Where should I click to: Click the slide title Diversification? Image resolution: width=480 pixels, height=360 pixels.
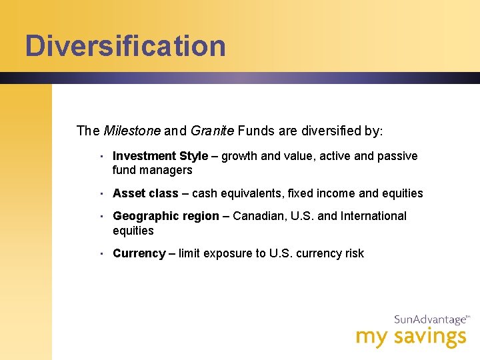(x=125, y=46)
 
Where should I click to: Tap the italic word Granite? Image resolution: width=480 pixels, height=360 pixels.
(x=212, y=131)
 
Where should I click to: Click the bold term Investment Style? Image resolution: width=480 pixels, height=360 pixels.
(x=160, y=156)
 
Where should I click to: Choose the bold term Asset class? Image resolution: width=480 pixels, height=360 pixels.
(x=145, y=193)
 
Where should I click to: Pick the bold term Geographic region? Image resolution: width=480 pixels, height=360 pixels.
(x=166, y=216)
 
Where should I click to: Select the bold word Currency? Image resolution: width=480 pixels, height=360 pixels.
(x=139, y=253)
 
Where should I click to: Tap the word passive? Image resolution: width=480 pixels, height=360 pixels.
(x=397, y=156)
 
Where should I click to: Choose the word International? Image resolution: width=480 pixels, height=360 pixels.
(x=373, y=216)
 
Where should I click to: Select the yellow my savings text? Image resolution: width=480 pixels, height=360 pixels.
(x=411, y=337)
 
